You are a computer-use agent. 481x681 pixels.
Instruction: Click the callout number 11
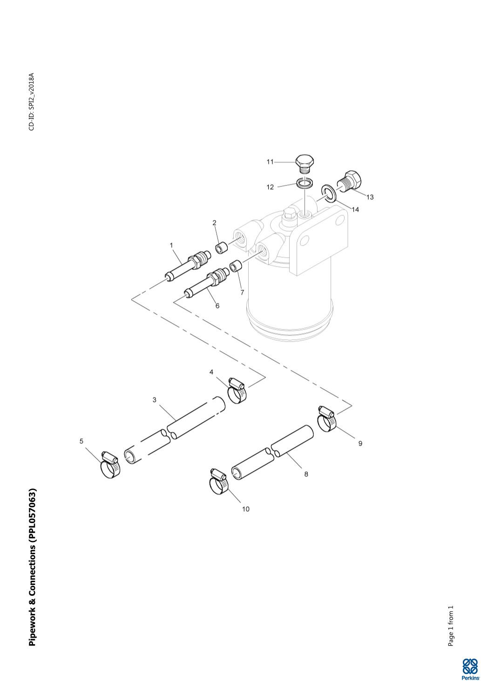click(270, 162)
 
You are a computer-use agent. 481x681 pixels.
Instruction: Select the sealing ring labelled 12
click(304, 183)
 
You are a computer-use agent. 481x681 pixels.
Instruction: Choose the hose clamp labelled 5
click(110, 466)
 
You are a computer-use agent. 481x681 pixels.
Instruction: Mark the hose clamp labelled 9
click(327, 419)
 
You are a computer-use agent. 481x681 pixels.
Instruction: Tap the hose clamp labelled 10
click(219, 482)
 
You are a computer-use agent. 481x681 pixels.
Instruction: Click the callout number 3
click(155, 399)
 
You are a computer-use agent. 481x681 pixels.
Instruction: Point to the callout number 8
click(306, 474)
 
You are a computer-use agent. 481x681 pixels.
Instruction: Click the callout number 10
click(245, 509)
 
